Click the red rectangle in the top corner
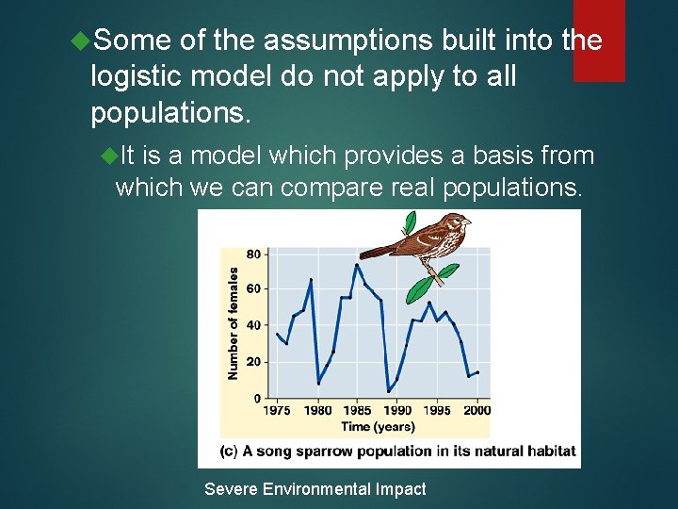599,41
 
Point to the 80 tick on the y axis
254,254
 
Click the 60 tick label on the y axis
254,289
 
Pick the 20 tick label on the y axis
254,362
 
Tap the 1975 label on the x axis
277,410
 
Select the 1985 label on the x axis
357,410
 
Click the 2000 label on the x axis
477,410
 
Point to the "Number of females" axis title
233,322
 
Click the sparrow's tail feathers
377,251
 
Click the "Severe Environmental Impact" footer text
315,489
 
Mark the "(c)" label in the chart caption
228,451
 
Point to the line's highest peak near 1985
356,265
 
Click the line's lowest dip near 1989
389,391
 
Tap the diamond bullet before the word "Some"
81,41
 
